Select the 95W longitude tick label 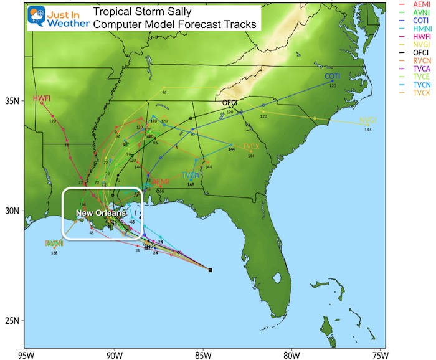point(25,355)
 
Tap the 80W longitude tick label point(290,355)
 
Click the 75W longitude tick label point(379,355)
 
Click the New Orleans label point(102,213)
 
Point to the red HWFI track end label point(41,99)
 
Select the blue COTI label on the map point(333,76)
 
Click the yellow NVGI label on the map point(368,121)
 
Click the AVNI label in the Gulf point(54,243)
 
